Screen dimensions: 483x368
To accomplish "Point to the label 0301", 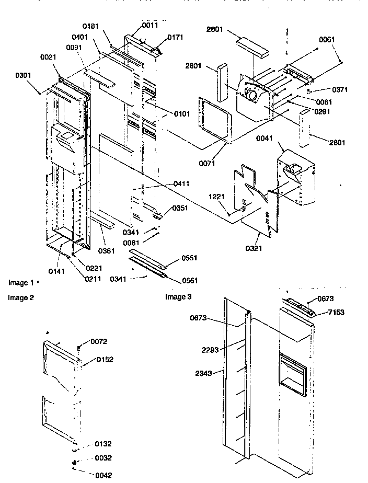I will pyautogui.click(x=23, y=75).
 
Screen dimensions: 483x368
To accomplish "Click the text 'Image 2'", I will pyautogui.click(x=21, y=297).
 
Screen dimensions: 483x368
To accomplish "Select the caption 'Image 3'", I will pyautogui.click(x=178, y=297).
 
